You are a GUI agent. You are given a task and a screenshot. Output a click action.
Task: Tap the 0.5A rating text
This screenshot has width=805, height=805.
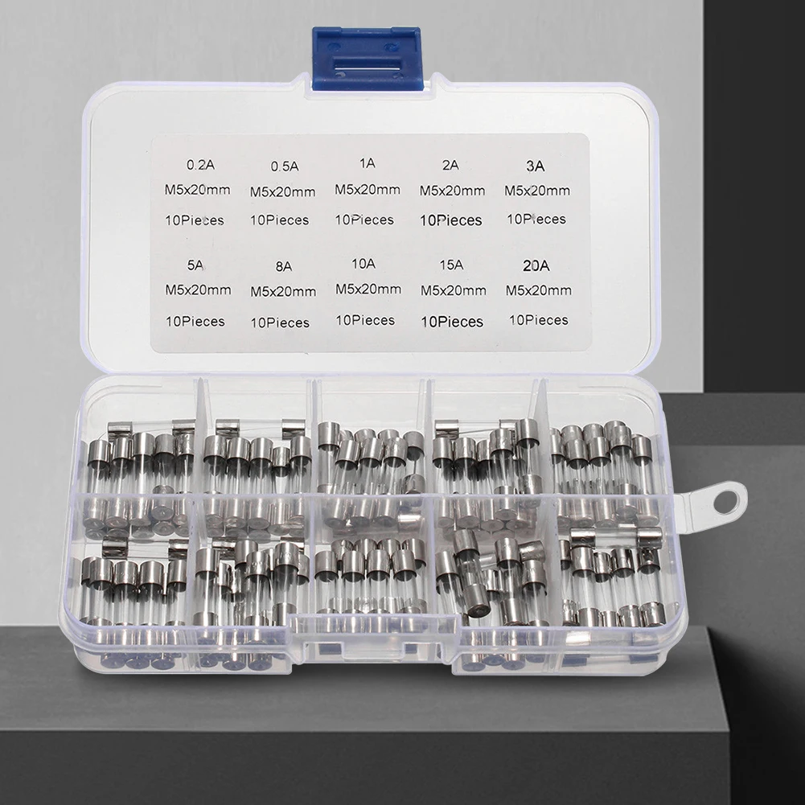(284, 166)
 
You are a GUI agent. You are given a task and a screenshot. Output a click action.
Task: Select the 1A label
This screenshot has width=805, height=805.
(368, 162)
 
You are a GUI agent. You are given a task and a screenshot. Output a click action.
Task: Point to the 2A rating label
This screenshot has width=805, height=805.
(450, 166)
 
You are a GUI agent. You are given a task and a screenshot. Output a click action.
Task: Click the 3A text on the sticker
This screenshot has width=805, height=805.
(535, 166)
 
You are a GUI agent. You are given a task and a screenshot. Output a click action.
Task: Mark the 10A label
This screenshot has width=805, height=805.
(363, 263)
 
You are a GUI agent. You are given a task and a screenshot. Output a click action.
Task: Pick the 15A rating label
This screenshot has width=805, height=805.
(451, 264)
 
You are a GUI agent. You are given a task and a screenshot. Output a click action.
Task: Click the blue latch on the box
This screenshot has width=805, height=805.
(366, 58)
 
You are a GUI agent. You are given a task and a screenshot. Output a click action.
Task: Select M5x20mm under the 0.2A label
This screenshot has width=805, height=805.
(198, 191)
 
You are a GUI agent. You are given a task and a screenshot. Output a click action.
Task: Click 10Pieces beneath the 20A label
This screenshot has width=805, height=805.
(538, 320)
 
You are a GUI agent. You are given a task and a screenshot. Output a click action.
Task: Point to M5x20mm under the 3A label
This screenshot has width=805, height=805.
(537, 191)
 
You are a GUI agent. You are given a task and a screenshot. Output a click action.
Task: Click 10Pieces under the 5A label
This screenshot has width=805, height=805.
(195, 321)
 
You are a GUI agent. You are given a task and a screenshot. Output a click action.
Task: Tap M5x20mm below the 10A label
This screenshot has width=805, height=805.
(368, 289)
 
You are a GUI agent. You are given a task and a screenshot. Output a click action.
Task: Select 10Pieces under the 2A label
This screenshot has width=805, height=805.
(452, 220)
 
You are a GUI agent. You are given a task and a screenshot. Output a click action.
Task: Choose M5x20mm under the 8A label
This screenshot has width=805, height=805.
(283, 290)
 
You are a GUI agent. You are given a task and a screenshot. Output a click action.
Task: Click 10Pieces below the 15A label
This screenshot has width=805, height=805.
(452, 322)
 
